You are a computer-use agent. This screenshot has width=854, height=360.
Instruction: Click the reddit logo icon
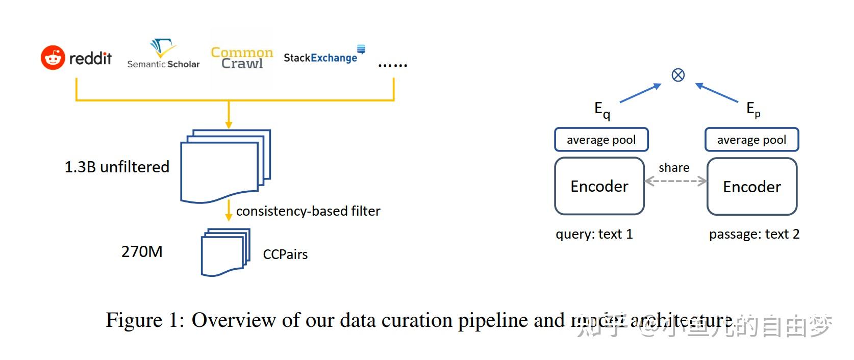[x=53, y=58]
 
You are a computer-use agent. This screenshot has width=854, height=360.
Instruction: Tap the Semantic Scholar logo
[x=163, y=54]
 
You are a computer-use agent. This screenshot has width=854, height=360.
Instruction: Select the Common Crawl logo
[x=242, y=58]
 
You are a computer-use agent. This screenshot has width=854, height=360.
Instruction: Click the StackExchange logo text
[x=320, y=58]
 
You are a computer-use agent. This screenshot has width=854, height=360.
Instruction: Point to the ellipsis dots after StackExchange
[x=392, y=65]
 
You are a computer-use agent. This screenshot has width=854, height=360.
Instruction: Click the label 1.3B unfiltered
[x=117, y=167]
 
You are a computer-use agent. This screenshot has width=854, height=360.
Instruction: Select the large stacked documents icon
[x=225, y=166]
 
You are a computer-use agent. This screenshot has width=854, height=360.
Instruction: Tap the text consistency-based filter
[x=308, y=211]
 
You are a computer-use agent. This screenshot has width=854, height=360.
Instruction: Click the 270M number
[x=142, y=251]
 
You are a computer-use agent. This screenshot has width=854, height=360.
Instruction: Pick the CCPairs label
[x=285, y=254]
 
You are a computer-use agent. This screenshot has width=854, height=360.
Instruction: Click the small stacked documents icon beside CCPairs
[x=225, y=252]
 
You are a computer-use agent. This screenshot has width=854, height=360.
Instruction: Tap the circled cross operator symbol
[x=678, y=75]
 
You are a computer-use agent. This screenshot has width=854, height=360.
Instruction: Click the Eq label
[x=602, y=110]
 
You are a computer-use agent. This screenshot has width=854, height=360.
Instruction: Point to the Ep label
[x=753, y=109]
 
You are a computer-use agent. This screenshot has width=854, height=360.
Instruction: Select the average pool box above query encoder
[x=601, y=140]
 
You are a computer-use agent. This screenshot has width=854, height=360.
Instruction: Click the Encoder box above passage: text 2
[x=751, y=187]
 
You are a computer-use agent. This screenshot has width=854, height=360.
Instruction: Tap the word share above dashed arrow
[x=674, y=168]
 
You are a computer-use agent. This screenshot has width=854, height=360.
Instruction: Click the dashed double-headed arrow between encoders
[x=675, y=181]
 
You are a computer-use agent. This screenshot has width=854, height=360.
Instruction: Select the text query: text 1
[x=594, y=234]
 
